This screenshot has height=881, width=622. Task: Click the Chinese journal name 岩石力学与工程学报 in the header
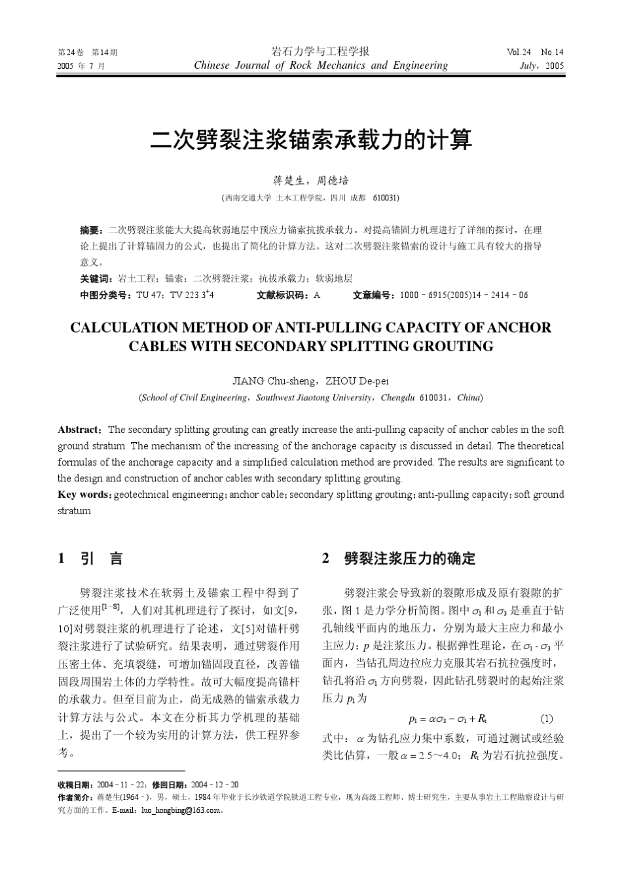point(320,51)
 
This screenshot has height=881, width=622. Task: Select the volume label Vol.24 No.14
point(534,52)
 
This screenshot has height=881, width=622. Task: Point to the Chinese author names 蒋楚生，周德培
point(311,180)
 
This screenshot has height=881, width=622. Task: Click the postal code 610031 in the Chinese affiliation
point(386,197)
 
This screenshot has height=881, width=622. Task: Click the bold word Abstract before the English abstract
point(79,430)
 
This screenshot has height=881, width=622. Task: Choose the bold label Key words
point(84,495)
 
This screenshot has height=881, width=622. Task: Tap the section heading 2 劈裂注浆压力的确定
point(399,559)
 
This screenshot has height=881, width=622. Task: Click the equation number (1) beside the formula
point(547,718)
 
